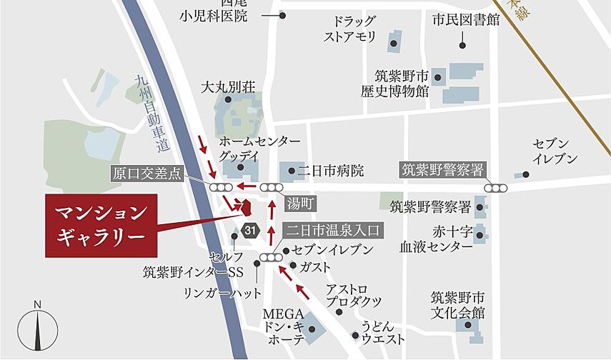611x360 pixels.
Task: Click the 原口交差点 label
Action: [x=148, y=173]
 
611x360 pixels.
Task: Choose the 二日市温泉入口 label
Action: [x=334, y=230]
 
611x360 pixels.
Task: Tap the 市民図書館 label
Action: [x=465, y=20]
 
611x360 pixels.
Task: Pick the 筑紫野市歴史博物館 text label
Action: [x=402, y=84]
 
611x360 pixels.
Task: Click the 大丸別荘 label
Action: [x=228, y=87]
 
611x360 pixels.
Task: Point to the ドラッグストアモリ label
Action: [x=350, y=29]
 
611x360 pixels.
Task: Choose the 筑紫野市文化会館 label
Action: [x=457, y=305]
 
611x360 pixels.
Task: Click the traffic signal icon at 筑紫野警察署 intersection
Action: [x=496, y=188]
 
